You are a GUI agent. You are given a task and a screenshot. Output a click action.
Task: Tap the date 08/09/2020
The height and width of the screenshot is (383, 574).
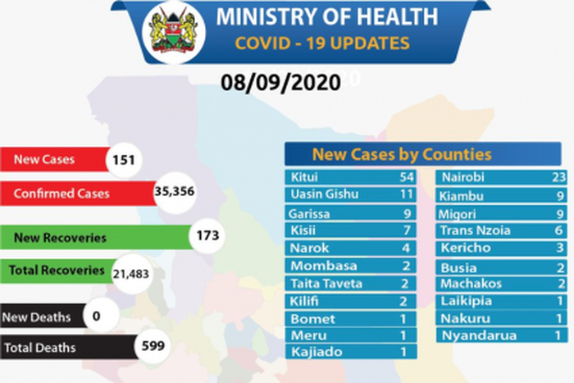click(280, 83)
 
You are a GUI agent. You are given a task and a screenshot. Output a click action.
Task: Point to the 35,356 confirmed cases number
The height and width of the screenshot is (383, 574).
click(174, 193)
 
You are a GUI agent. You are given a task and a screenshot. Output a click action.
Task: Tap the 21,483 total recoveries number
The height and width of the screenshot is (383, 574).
click(128, 275)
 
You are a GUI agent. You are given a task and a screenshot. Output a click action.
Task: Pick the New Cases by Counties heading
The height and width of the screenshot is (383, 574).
click(402, 154)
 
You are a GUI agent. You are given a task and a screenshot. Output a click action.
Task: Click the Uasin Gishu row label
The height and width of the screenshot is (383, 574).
click(323, 195)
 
